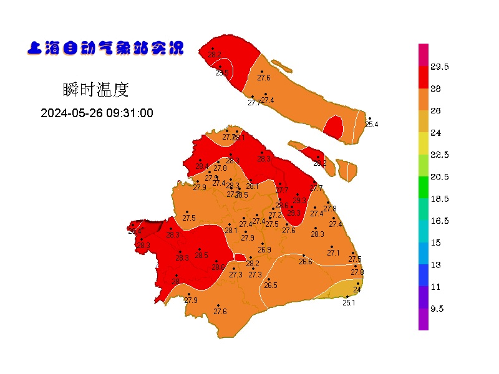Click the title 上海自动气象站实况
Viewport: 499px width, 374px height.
pos(105,48)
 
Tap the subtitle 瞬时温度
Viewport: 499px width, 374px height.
pos(95,90)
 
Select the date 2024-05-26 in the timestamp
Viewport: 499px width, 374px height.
pos(69,113)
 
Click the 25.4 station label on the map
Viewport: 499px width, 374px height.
pos(372,125)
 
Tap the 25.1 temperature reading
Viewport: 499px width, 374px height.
pos(349,303)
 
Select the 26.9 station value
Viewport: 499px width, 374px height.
pos(264,250)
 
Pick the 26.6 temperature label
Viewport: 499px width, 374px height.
pos(306,262)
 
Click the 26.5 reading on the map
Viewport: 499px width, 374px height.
pos(270,285)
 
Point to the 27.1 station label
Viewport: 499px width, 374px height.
pos(334,252)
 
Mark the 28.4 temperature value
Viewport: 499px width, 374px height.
pos(201,166)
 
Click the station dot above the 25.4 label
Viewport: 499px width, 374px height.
pos(369,118)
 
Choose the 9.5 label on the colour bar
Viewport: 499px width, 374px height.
pos(437,309)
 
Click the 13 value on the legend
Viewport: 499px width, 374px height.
pos(435,265)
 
